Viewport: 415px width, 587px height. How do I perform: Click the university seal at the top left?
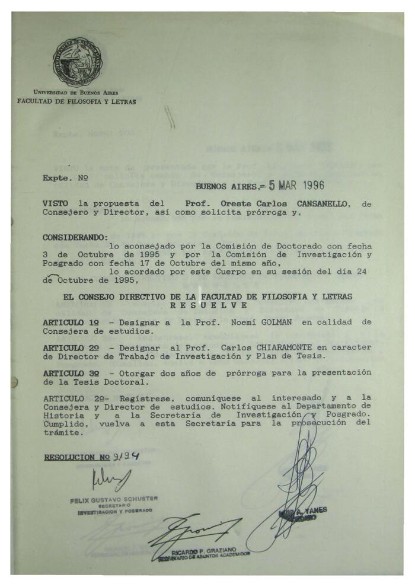point(78,62)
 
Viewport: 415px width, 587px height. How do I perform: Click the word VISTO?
point(55,203)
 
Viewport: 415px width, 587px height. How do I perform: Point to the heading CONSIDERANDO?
point(75,237)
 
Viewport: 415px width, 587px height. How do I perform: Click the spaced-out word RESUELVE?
point(207,305)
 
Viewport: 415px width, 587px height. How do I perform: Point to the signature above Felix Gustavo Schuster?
point(110,479)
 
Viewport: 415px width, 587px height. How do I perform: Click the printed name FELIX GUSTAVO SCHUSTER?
point(114,500)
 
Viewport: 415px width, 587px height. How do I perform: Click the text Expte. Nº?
point(65,177)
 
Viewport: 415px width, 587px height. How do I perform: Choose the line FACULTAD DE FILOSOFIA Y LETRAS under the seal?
point(76,102)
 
